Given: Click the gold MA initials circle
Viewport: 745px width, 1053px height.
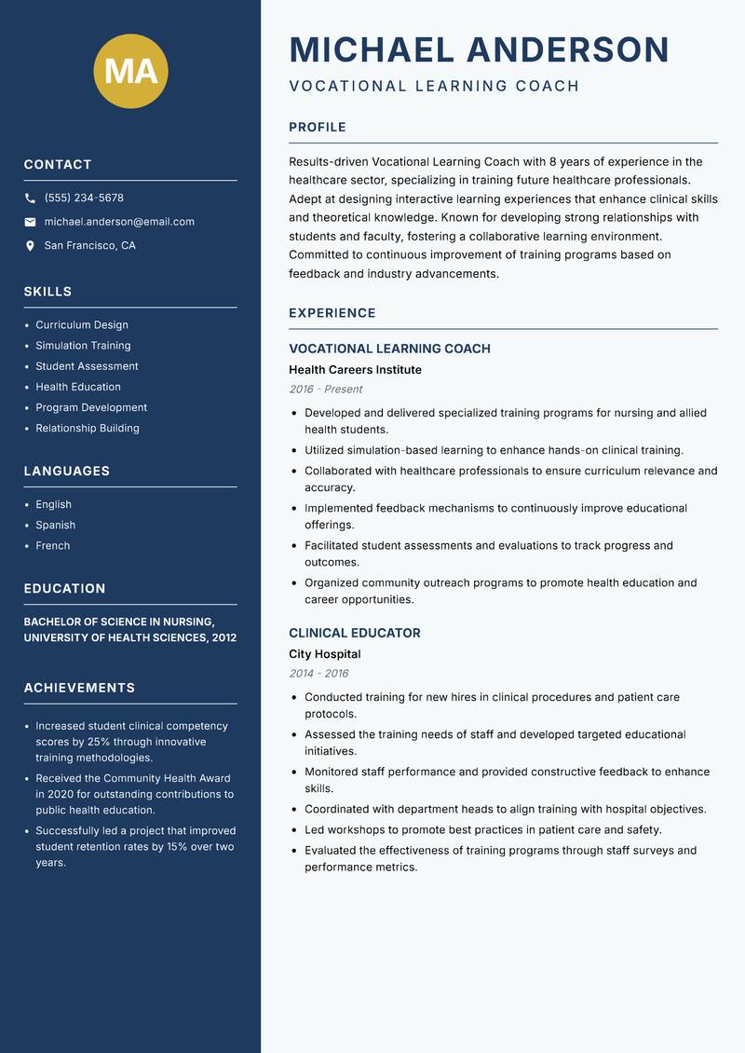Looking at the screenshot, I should pos(130,71).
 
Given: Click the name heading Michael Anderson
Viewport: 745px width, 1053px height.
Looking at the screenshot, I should pos(479,49).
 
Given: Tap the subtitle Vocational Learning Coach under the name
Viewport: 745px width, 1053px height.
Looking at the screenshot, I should pos(434,87).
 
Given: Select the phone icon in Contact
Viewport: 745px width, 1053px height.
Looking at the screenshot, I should pos(31,198).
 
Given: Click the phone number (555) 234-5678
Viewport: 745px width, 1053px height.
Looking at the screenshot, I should pos(84,198).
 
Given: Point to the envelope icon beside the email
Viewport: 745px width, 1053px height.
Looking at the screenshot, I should pos(31,222).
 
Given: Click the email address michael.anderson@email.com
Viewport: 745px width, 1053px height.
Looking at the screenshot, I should pos(119,222).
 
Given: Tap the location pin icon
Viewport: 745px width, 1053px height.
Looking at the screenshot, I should pos(31,246).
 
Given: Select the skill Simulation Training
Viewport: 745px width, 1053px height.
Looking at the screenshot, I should pos(83,346).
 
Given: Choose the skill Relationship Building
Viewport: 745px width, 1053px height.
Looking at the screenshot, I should pos(88,429).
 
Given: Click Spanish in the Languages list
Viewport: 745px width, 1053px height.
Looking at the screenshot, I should pos(55,526).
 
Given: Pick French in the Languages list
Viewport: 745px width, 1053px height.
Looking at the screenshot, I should pos(52,546).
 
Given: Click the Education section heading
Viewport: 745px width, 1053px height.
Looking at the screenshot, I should pos(64,589).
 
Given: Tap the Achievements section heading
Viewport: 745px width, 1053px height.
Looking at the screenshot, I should pos(79,688).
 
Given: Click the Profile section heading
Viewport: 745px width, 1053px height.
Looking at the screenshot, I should pos(317,128).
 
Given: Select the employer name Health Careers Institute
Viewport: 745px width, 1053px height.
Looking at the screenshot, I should pos(355,370).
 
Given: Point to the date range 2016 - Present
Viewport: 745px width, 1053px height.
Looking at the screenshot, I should pos(325,390).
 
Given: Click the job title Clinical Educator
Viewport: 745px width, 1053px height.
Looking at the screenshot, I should pos(354,634).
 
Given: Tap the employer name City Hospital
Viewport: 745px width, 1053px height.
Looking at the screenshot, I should pos(324,654).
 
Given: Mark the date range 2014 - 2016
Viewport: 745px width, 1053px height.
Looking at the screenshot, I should pos(318,674).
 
